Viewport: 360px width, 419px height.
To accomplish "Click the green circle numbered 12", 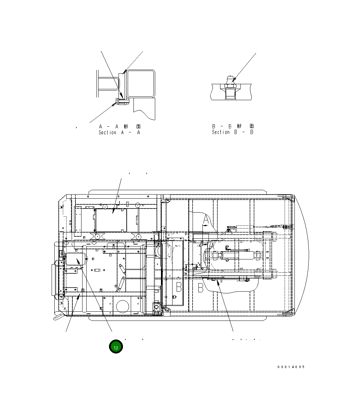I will pyautogui.click(x=115, y=347).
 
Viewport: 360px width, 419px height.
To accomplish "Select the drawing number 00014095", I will pyautogui.click(x=291, y=367).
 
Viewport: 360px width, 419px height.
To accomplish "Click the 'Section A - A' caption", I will pyautogui.click(x=119, y=132).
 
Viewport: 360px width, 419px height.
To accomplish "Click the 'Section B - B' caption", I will pyautogui.click(x=233, y=132).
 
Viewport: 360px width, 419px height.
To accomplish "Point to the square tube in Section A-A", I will pyautogui.click(x=141, y=83).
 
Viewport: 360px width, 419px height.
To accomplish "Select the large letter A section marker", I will pyautogui.click(x=206, y=221).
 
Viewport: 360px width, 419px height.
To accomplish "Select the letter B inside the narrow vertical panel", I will pyautogui.click(x=178, y=287).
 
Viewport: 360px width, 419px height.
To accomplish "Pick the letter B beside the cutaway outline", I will pyautogui.click(x=201, y=288).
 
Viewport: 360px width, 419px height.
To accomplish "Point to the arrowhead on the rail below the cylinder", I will pyautogui.click(x=217, y=281).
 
